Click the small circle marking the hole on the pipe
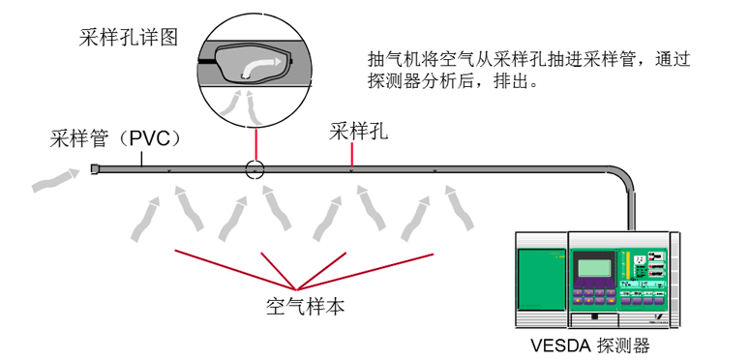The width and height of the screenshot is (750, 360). coord(254,169)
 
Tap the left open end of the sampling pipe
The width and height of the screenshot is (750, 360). coord(94,169)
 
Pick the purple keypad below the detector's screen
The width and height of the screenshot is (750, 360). coord(597,294)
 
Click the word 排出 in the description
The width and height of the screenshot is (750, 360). coord(515,82)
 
